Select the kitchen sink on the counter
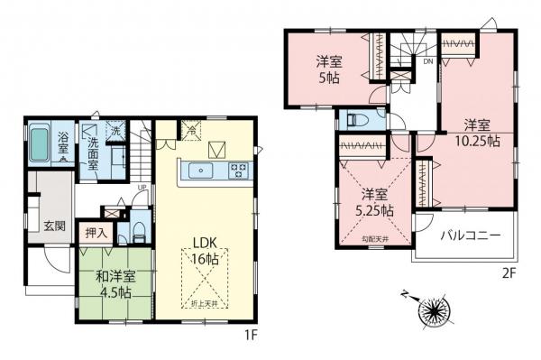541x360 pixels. pos(199,169)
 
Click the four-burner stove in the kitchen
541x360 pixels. pos(239,169)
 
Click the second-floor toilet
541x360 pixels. pos(353,120)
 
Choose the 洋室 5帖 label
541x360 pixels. pos(327,69)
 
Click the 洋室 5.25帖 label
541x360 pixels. pos(373,201)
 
